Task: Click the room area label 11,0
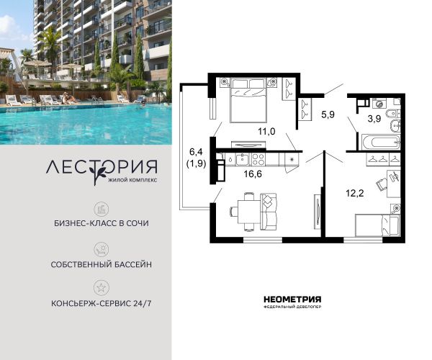point(266,131)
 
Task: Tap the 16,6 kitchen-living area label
point(253,174)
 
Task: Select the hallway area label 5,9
point(328,114)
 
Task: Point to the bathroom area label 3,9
point(374,119)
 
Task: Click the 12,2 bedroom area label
point(355,193)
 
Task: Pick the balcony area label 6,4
point(196,151)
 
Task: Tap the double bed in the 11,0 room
point(248,100)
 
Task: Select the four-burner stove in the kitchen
point(258,159)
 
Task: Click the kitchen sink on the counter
point(243,159)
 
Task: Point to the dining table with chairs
point(248,212)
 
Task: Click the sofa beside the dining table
point(269,212)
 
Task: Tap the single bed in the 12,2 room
point(377,225)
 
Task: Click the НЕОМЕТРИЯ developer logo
point(292,302)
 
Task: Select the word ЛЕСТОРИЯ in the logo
point(102,168)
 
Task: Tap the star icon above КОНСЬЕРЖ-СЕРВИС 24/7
point(101,287)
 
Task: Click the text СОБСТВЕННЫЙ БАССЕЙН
point(101,264)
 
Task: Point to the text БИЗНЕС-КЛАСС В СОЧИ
point(102,223)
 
